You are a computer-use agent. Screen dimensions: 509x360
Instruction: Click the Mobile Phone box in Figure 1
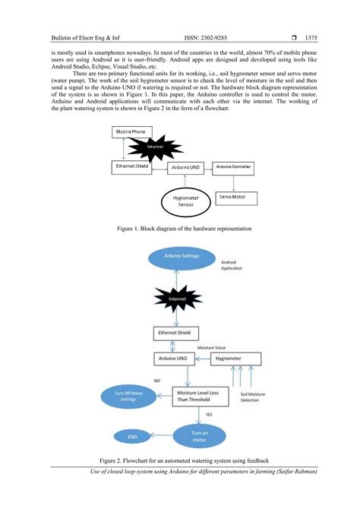(130, 132)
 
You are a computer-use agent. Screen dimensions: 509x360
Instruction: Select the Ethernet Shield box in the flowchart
(177, 333)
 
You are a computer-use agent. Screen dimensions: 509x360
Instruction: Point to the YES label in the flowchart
(210, 415)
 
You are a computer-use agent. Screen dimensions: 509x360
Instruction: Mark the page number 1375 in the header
(310, 36)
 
